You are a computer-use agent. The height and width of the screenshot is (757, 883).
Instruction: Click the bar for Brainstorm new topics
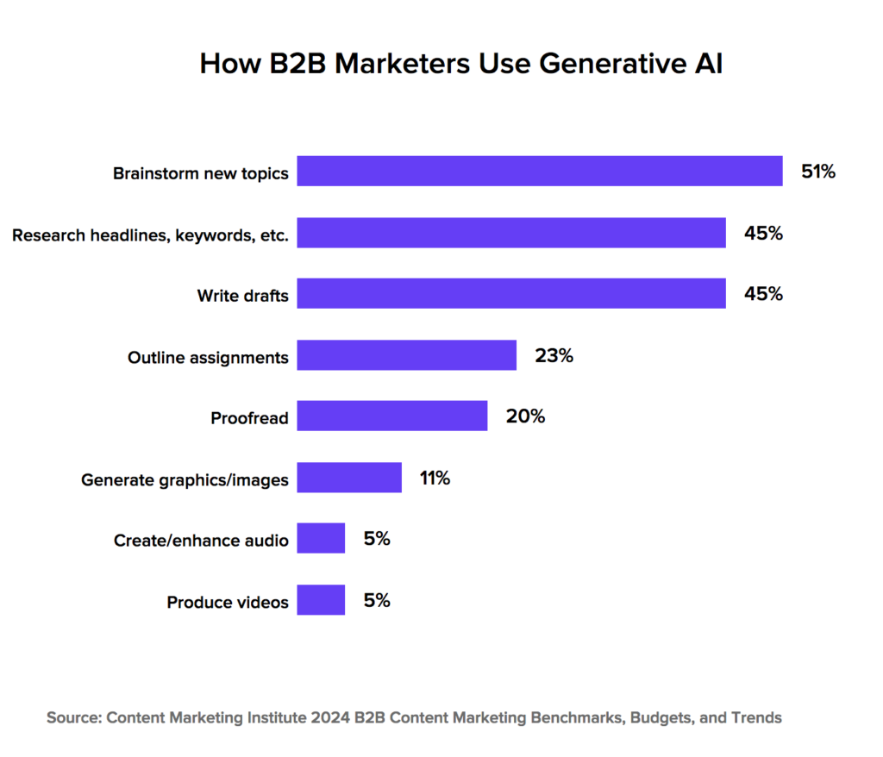(540, 171)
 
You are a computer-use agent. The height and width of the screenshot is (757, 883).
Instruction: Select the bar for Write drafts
(511, 294)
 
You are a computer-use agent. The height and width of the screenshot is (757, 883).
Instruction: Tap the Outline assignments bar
(407, 355)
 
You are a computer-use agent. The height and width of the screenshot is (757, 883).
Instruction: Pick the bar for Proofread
(392, 416)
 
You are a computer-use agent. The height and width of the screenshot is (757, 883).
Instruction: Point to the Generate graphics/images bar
(349, 478)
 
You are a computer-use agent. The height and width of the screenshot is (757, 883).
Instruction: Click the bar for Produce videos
(321, 600)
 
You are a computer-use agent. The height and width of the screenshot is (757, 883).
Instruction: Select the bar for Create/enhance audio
(321, 539)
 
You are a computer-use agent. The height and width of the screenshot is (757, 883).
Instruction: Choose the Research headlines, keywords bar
(511, 233)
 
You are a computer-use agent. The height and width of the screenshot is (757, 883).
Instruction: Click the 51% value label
(818, 172)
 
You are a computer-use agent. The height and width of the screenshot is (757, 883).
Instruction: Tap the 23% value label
(554, 355)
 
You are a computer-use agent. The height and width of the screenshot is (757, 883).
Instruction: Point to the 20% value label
(525, 416)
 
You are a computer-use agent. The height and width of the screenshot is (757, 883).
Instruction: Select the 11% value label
(435, 478)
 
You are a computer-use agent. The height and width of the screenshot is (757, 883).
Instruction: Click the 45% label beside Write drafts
(763, 294)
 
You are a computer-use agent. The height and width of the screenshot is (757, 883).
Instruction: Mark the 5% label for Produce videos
(377, 600)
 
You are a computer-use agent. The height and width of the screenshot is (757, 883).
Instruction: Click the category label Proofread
(249, 419)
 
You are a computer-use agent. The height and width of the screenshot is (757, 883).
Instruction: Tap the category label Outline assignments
(208, 357)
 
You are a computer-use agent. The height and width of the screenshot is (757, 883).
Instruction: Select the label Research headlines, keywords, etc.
(150, 235)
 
